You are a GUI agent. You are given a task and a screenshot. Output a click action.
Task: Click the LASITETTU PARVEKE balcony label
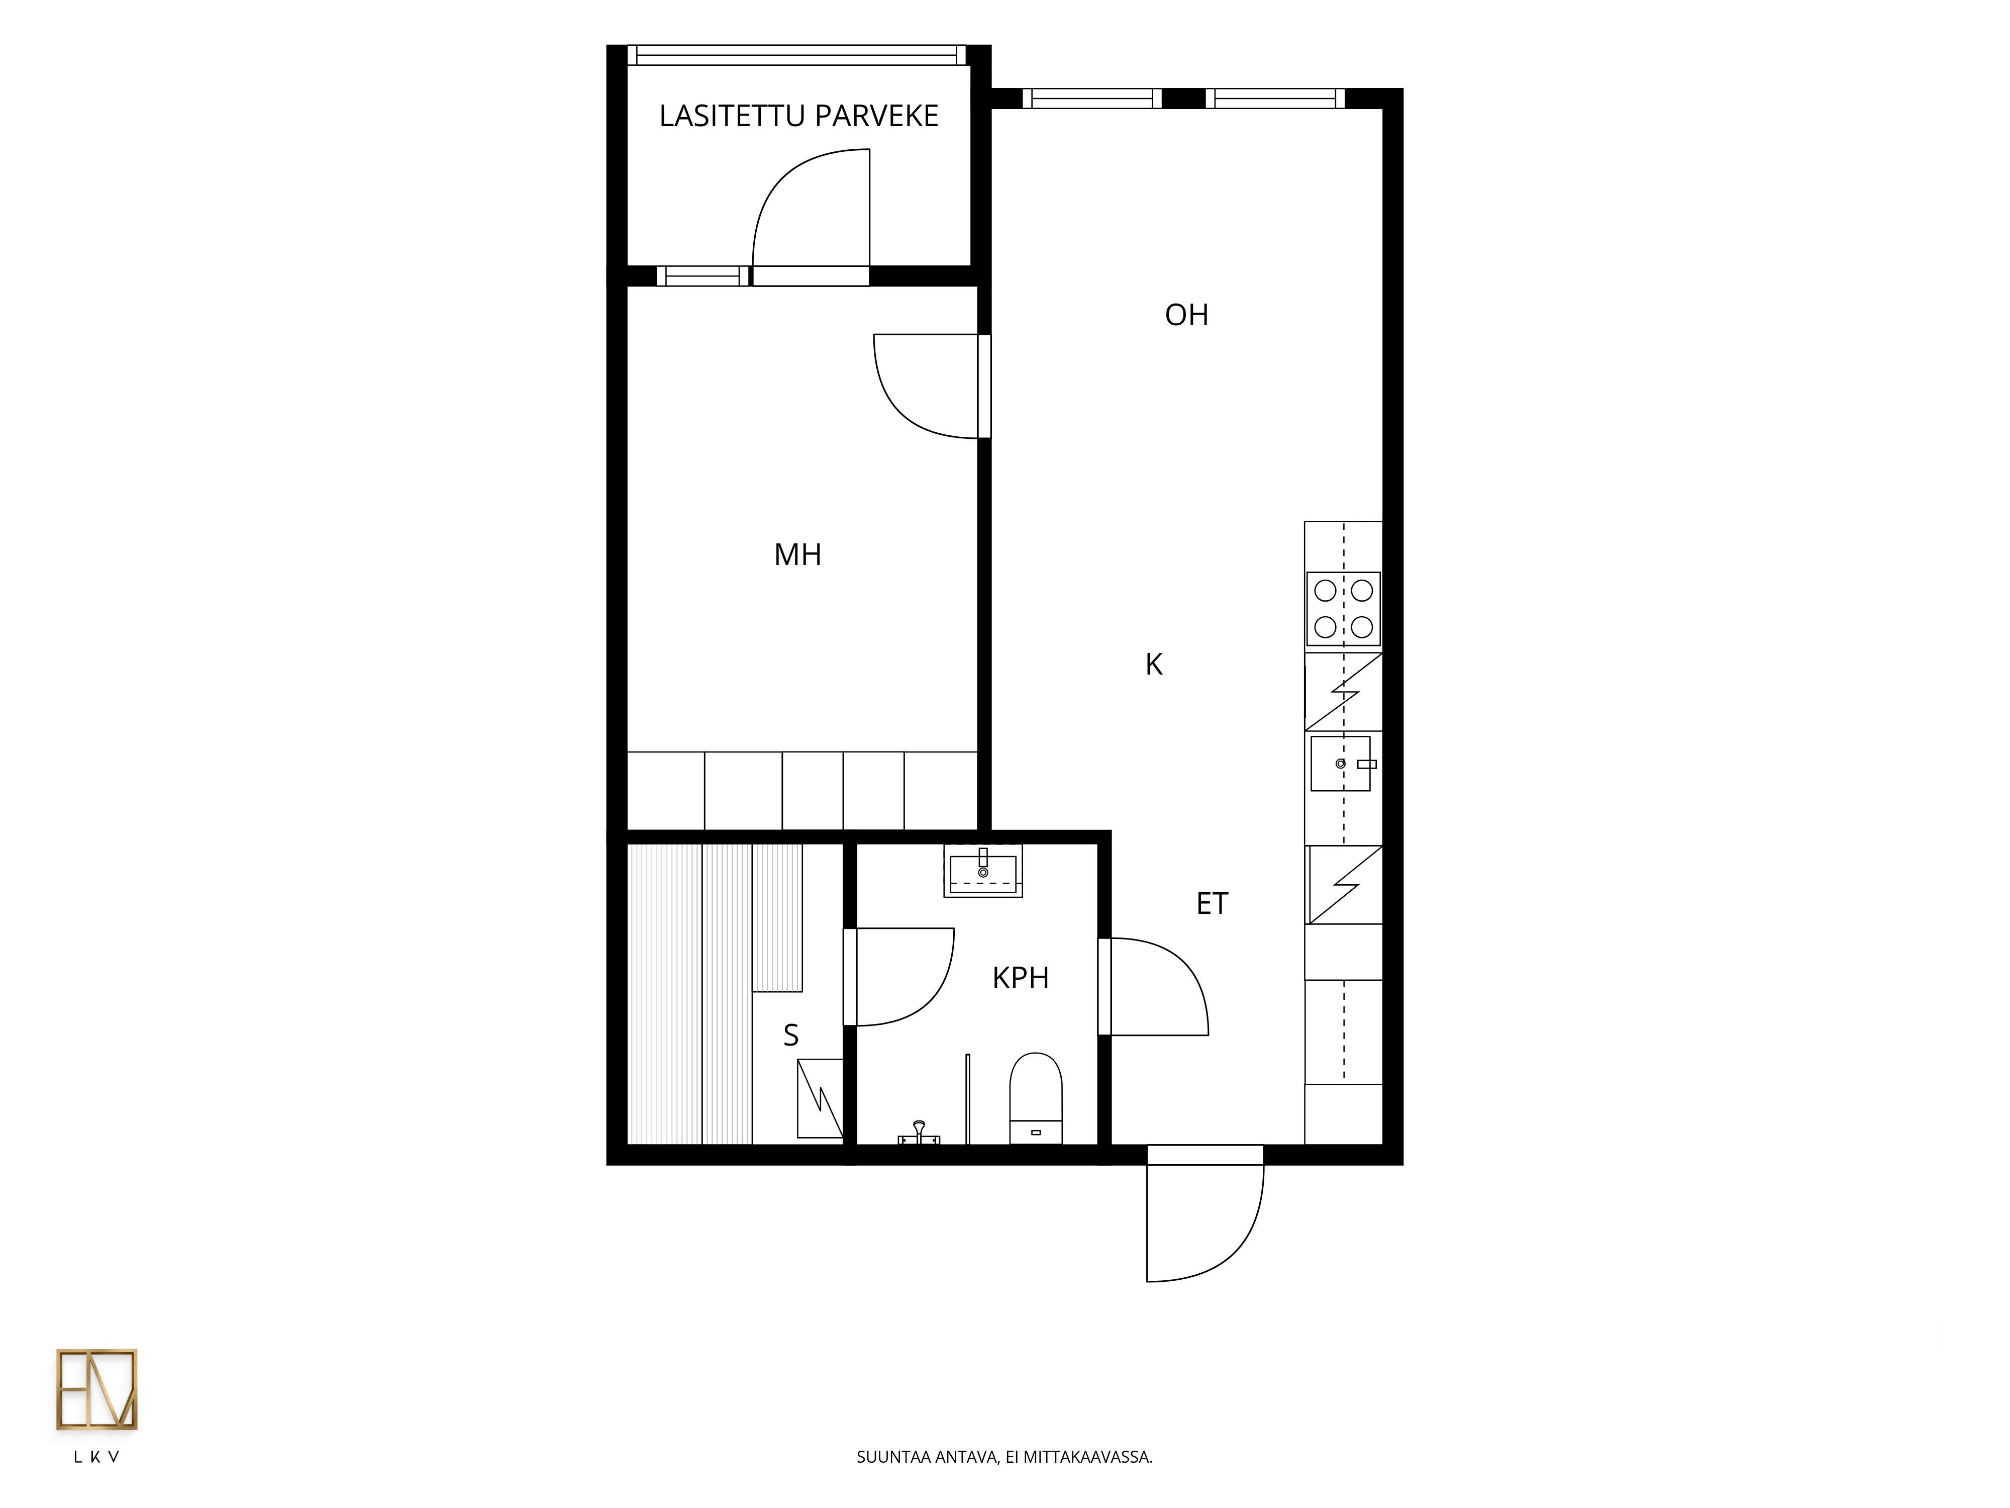coord(799,116)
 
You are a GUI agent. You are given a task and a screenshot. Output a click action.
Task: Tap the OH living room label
coord(1187,315)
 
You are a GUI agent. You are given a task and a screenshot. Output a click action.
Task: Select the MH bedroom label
coord(798,554)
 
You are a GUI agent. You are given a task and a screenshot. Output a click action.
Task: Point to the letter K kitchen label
coord(1154,665)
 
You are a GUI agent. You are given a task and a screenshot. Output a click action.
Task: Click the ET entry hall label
coord(1212,903)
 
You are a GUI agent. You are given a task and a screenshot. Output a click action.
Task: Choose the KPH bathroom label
coord(1021,978)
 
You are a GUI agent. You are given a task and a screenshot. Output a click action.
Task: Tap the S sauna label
coord(790,1035)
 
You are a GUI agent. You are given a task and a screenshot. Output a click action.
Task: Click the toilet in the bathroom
coord(1036,1098)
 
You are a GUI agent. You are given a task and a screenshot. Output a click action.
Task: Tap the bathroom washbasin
coord(983,871)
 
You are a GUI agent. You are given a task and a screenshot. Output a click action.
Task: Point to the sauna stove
coord(820,1098)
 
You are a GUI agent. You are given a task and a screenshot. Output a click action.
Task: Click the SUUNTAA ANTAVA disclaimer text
coord(1004,1457)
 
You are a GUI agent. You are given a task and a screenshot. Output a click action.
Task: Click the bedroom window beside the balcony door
coord(703,275)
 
